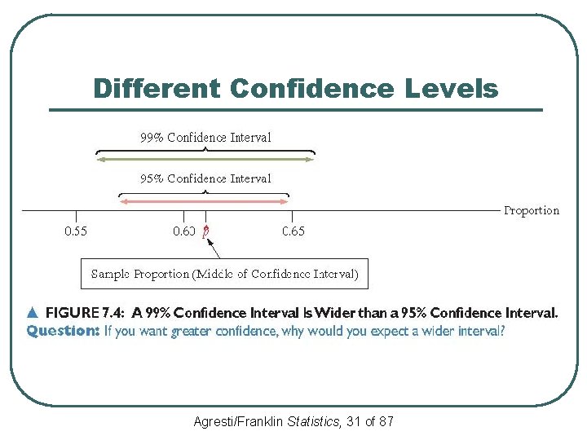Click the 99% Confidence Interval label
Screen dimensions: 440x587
click(x=205, y=138)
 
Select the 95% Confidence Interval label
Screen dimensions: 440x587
click(x=205, y=178)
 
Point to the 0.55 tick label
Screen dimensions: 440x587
click(x=76, y=231)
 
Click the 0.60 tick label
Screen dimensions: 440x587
click(x=183, y=231)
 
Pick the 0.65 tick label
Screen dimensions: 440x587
click(x=293, y=231)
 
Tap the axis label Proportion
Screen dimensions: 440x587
click(x=532, y=210)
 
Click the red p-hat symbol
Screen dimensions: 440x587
click(x=206, y=232)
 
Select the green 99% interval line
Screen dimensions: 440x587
click(x=205, y=160)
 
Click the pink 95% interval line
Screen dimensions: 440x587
click(x=205, y=200)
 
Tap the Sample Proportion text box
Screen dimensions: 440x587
click(x=224, y=274)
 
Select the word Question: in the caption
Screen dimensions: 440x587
click(x=63, y=331)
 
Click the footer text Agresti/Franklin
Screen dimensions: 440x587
click(x=239, y=421)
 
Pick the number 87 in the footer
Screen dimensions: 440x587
click(x=386, y=421)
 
